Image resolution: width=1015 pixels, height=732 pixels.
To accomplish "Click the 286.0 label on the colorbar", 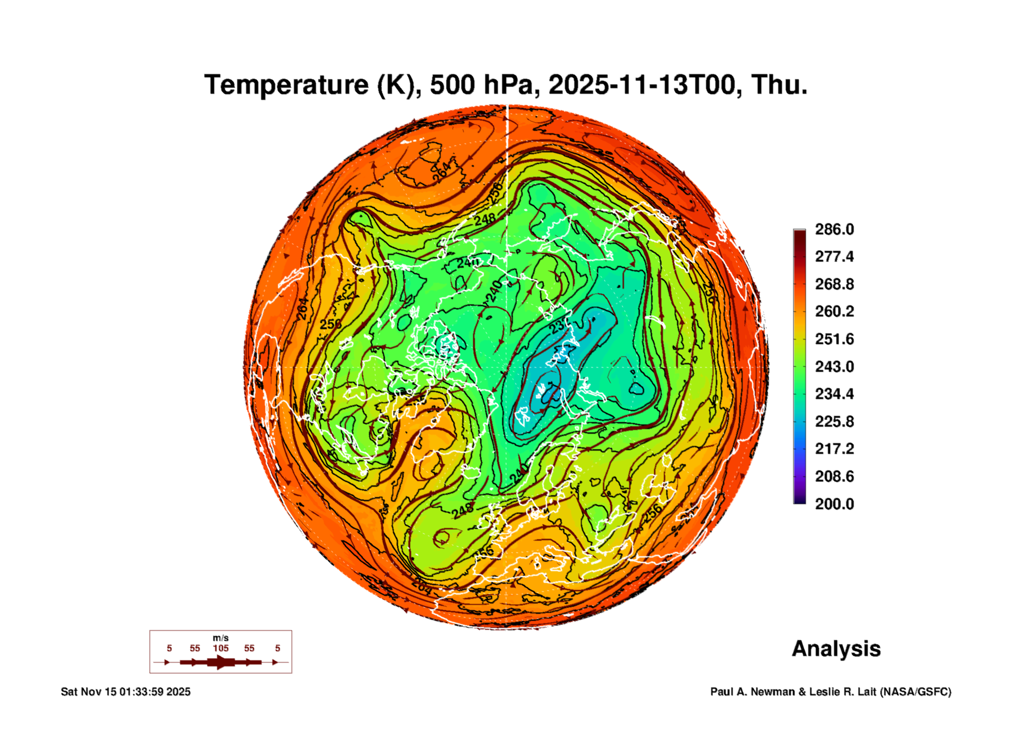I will pos(834,229).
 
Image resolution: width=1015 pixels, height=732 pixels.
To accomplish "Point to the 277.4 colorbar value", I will pos(834,257).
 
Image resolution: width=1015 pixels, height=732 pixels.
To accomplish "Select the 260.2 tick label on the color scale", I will pos(834,311).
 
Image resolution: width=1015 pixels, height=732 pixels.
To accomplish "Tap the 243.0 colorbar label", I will pos(834,366).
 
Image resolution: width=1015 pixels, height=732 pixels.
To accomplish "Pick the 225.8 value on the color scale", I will pos(834,421).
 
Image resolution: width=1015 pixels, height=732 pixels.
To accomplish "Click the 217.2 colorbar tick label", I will pos(834,449).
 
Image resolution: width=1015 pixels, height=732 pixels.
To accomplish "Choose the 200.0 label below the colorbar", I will pos(834,504).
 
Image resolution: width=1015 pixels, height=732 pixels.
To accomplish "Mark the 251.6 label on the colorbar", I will pos(834,339).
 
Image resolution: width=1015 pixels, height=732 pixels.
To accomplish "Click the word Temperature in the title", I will pos(286,85).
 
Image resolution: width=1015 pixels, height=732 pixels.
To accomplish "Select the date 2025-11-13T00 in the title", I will pos(641,85).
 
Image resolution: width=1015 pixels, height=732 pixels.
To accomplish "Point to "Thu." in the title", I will pos(779,85).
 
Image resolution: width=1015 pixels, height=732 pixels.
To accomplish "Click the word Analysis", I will pos(836,649).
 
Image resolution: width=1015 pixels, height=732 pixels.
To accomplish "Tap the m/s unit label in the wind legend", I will pos(220,638).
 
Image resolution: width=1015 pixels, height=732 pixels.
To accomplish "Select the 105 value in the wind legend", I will pos(220,648).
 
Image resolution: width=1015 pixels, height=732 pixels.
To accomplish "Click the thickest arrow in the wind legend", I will pos(220,662).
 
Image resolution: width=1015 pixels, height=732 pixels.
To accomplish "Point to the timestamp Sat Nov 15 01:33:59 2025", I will pos(126,692).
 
